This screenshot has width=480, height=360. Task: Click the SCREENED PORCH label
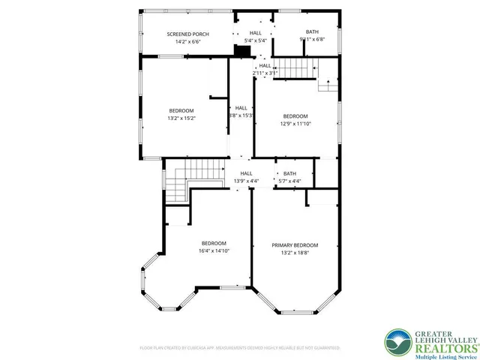[x=187, y=34]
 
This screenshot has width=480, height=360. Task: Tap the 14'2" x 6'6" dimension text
[x=187, y=42]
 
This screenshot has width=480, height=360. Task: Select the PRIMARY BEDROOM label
[x=295, y=245]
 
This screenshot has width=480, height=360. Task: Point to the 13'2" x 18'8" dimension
[x=295, y=253]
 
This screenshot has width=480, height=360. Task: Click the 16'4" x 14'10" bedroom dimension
[x=214, y=250]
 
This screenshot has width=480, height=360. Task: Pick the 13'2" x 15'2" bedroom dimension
[x=181, y=118]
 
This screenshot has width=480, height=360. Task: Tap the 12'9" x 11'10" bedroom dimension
[x=295, y=123]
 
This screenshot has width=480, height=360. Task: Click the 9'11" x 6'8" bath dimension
[x=312, y=40]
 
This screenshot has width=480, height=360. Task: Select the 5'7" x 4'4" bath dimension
[x=289, y=181]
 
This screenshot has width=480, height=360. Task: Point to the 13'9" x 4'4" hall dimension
[x=246, y=181]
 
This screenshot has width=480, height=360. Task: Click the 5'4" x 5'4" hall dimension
[x=256, y=41]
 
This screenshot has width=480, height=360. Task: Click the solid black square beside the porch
[x=242, y=51]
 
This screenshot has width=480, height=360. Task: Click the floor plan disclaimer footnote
[x=240, y=348]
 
